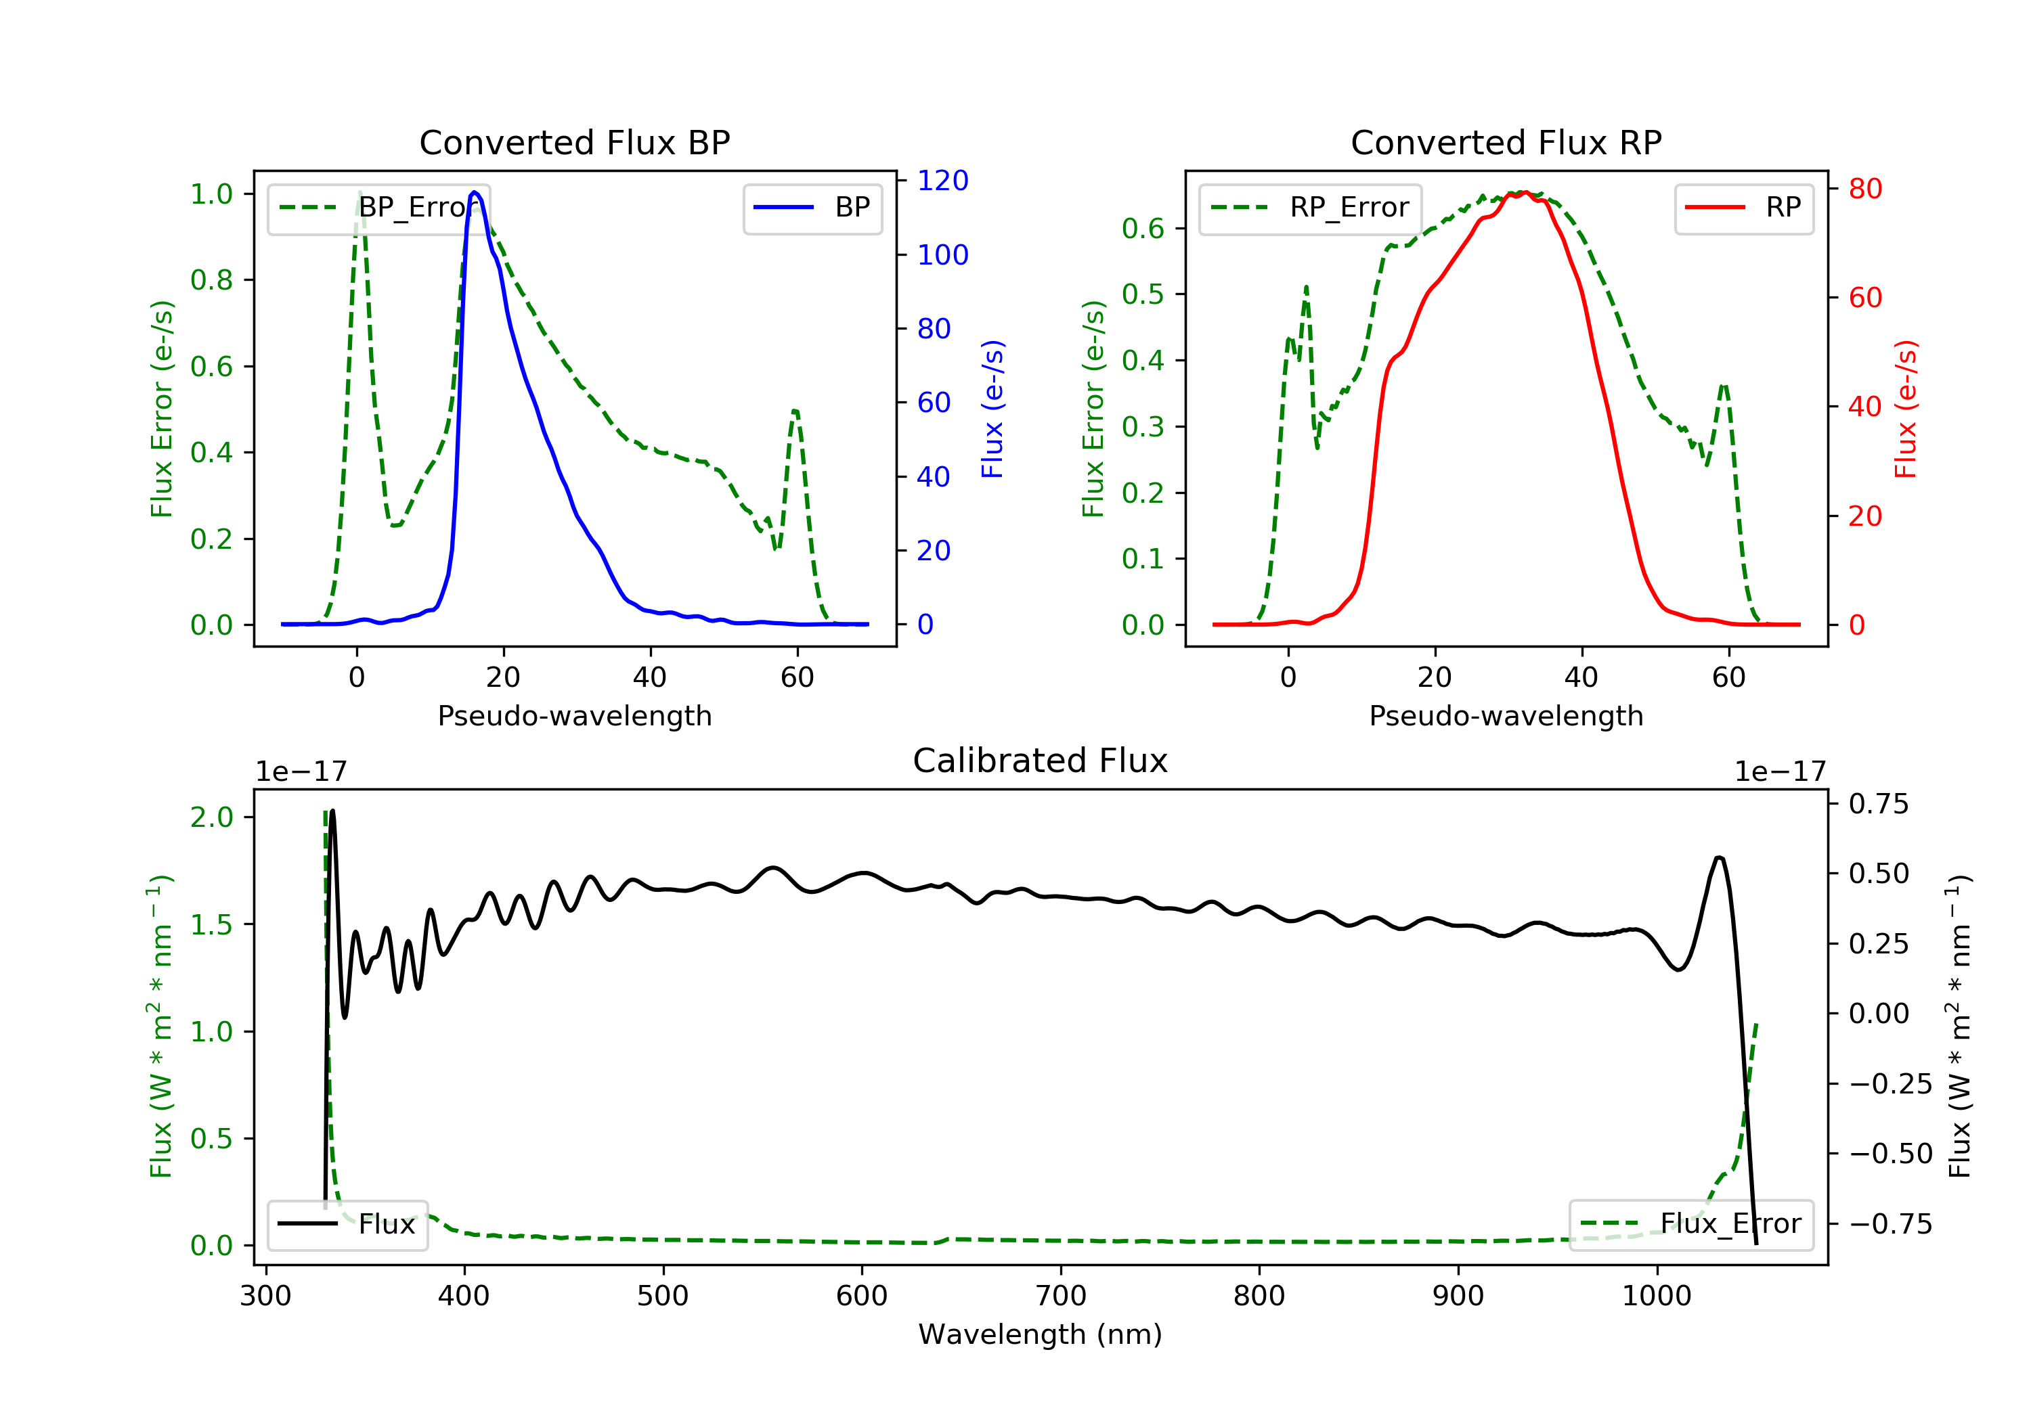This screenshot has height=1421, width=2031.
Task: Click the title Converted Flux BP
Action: (574, 142)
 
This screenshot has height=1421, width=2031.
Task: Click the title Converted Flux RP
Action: (1506, 142)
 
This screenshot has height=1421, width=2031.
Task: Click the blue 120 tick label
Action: (942, 181)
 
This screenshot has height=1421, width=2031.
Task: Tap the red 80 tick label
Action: (1864, 188)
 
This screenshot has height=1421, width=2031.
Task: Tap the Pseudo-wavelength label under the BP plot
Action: (574, 715)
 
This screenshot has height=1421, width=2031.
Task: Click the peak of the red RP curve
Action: (1523, 193)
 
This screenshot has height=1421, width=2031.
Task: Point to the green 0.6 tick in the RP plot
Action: (1142, 228)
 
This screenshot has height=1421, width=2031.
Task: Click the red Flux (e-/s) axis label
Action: (1905, 409)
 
